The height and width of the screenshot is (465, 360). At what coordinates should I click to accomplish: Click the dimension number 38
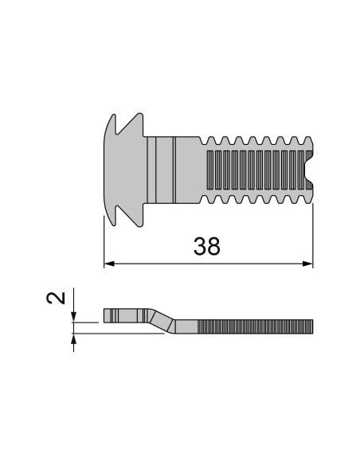tap(207, 247)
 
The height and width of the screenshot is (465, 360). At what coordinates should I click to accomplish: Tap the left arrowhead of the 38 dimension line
tap(109, 264)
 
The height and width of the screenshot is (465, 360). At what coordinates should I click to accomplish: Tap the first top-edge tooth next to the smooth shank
tap(210, 141)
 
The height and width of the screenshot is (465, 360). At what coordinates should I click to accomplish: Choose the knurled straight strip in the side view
tap(255, 326)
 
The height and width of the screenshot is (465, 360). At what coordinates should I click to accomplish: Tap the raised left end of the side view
tap(119, 315)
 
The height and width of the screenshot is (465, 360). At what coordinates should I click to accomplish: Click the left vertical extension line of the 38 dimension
tap(104, 239)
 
